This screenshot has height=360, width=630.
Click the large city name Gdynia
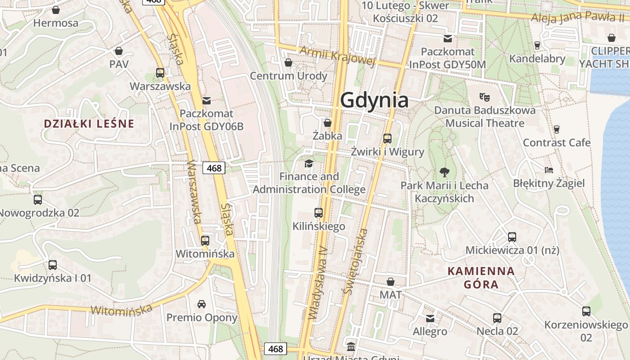coord(374,100)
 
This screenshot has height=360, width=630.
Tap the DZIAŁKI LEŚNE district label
coord(89,124)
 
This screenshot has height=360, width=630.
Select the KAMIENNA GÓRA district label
coord(481,278)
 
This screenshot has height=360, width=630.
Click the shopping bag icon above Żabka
coord(328,122)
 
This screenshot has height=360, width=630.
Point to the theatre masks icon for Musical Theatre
coord(485,97)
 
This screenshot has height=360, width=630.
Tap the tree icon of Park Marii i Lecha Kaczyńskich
coord(444,172)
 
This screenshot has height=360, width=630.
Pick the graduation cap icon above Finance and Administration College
coord(309,163)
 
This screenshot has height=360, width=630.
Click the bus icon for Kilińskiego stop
coord(319,213)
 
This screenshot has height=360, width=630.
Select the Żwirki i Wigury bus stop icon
coord(387,139)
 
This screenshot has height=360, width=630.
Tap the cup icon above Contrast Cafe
coord(557,130)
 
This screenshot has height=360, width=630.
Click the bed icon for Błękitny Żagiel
coord(549,170)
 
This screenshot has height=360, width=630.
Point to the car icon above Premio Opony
coord(202,304)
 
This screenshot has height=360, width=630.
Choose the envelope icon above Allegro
coord(430,319)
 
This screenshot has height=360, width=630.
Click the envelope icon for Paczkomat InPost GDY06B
coord(207,100)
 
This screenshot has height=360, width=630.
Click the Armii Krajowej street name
coord(337,55)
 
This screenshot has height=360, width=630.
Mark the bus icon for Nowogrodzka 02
coord(38,199)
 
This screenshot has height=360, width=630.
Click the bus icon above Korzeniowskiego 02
coord(586,311)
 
